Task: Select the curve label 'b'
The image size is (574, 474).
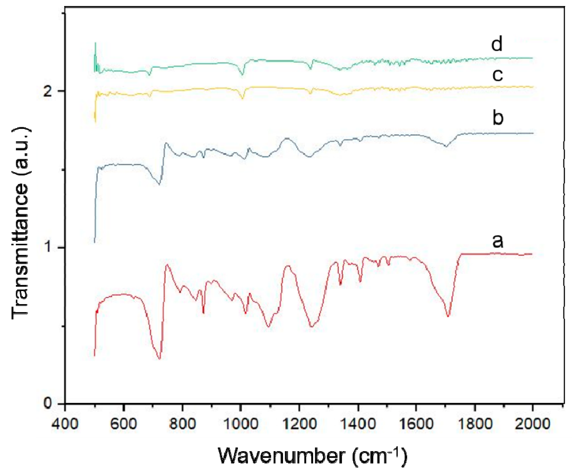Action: coord(498,117)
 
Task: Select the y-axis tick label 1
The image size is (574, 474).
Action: coord(49,247)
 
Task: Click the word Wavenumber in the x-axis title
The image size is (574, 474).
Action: coord(281,455)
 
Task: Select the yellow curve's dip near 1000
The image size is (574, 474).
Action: coord(242,98)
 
